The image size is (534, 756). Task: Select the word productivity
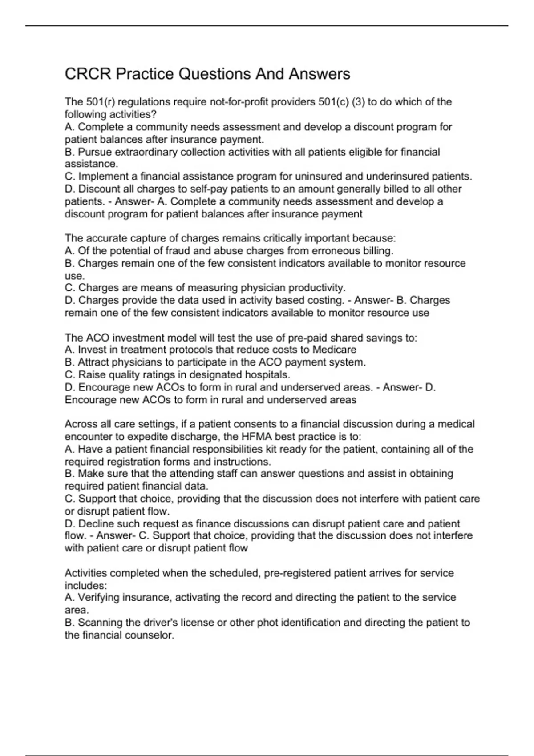pos(317,288)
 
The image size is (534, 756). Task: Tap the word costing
pos(325,300)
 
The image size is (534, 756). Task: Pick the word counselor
pos(151,635)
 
